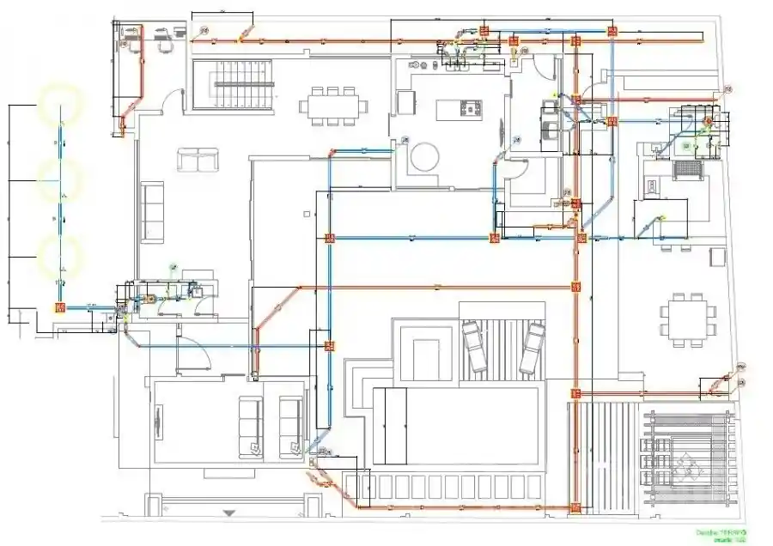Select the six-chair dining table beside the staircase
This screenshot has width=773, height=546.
[333, 106]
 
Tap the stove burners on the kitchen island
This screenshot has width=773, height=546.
[471, 109]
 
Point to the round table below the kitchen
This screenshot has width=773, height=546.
[423, 157]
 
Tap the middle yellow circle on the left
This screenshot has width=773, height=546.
[60, 181]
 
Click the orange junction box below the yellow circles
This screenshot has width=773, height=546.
[60, 306]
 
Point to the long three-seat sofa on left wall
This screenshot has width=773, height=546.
[153, 211]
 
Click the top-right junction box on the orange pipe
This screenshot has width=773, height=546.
[612, 31]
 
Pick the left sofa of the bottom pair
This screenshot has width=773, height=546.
[251, 427]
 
